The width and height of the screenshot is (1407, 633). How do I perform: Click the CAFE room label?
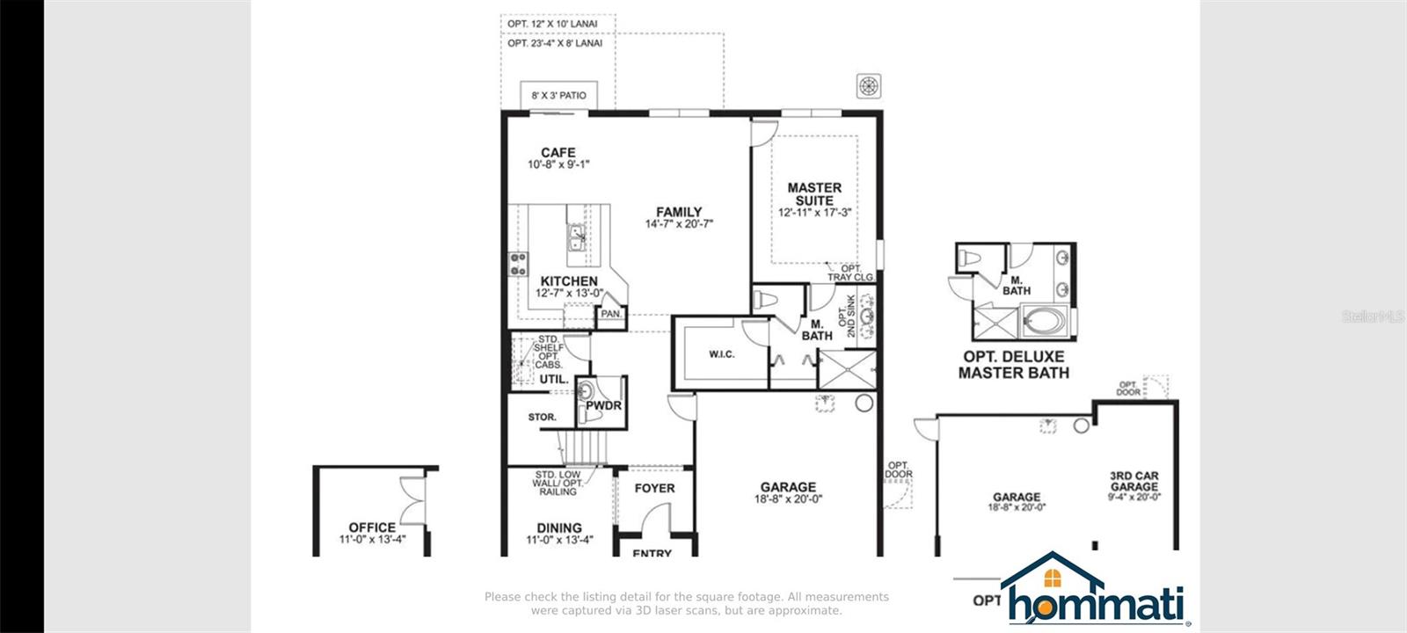click(x=558, y=153)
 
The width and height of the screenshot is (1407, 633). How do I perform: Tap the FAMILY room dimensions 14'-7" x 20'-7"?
click(x=678, y=224)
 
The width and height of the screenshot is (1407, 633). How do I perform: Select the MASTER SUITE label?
click(x=814, y=193)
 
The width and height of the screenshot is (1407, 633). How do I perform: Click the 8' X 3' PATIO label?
click(x=558, y=95)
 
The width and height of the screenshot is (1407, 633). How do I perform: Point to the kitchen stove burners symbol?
click(x=518, y=263)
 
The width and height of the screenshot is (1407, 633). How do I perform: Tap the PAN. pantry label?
click(x=611, y=314)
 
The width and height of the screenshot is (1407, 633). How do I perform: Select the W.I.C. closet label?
click(x=721, y=354)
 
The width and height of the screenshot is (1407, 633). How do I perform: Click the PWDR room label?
click(x=603, y=405)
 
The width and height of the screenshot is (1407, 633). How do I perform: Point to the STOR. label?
click(x=542, y=418)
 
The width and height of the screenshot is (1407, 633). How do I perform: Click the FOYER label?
click(x=654, y=488)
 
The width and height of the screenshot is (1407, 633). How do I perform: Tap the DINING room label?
click(x=559, y=527)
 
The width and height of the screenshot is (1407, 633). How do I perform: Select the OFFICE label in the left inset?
click(x=372, y=527)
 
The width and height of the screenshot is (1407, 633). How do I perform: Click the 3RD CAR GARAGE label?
click(x=1134, y=481)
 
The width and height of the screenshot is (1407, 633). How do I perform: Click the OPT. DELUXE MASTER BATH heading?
click(x=1014, y=364)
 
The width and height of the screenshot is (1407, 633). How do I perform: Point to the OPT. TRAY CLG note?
click(x=850, y=273)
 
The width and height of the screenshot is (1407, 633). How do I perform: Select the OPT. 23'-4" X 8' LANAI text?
click(x=555, y=43)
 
